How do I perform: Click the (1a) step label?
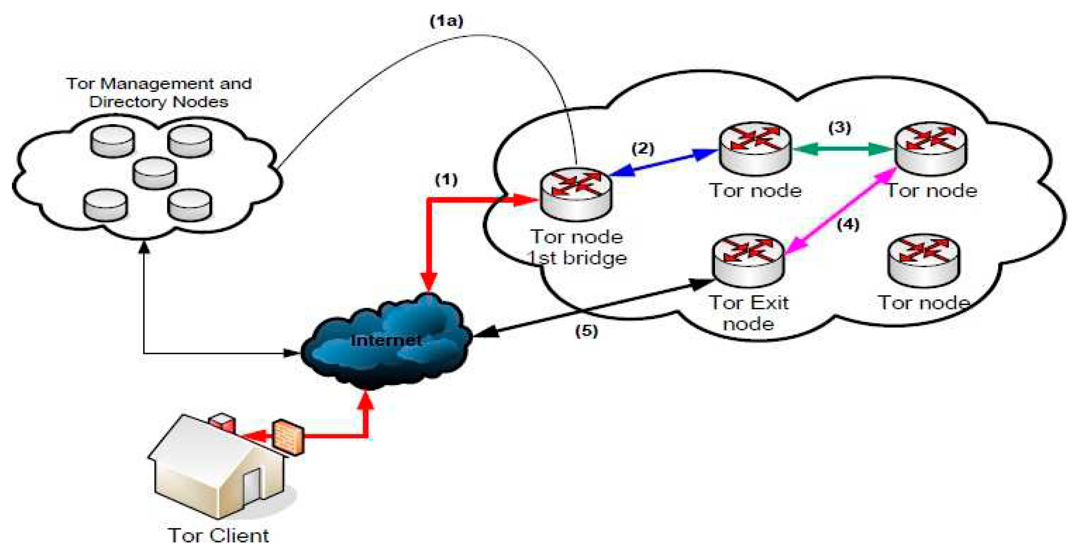tap(447, 21)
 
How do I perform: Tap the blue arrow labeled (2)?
tap(664, 163)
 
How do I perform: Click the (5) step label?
tap(586, 331)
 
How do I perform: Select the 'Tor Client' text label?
tap(218, 536)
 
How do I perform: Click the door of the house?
tap(251, 486)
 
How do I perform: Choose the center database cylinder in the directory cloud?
tap(154, 172)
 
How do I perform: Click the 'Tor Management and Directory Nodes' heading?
tap(159, 92)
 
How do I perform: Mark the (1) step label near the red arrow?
tap(446, 179)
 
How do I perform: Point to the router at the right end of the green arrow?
tap(931, 148)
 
